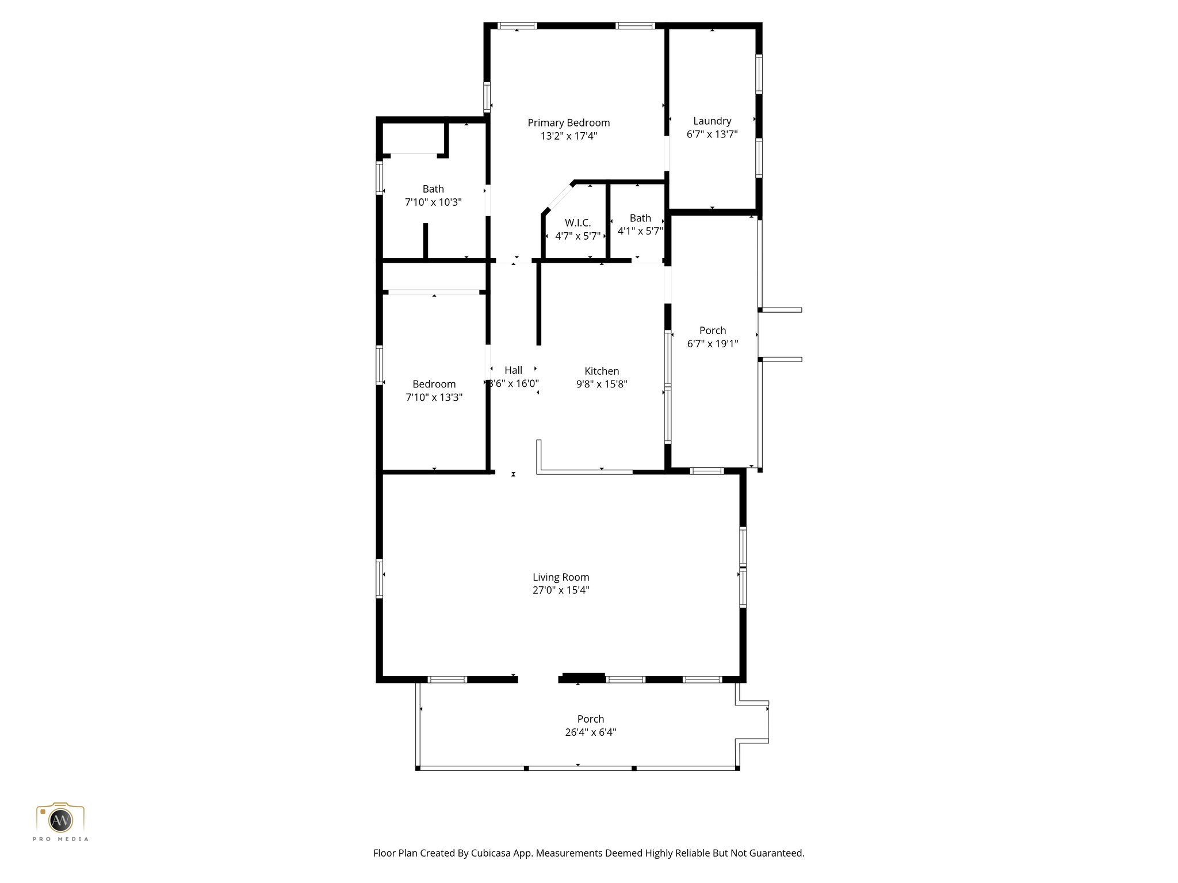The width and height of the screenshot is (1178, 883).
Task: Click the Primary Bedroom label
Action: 568,122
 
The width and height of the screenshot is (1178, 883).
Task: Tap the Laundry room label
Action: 712,121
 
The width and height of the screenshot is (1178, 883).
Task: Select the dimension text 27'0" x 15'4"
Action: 561,590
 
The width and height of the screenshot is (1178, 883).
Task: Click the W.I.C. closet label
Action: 577,223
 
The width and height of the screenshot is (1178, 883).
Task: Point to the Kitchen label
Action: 602,371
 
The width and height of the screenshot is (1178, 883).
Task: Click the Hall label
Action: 513,370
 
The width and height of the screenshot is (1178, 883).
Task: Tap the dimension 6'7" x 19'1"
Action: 713,344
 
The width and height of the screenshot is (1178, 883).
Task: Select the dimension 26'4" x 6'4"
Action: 591,732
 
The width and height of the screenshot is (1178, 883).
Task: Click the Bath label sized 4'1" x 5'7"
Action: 640,218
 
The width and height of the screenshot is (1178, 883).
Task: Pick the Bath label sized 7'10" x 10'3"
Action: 433,189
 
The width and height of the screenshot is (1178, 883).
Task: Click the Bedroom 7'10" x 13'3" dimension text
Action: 434,397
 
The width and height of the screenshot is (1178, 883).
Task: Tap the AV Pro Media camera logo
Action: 60,819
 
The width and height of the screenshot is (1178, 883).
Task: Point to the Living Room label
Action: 561,577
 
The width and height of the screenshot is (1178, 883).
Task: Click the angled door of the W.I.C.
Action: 556,198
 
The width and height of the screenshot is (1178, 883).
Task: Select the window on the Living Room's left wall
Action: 380,578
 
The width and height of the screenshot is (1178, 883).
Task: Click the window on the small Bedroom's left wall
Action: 380,364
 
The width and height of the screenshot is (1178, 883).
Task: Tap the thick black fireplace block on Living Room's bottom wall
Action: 583,677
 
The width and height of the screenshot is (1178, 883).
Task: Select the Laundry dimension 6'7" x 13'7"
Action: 712,134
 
